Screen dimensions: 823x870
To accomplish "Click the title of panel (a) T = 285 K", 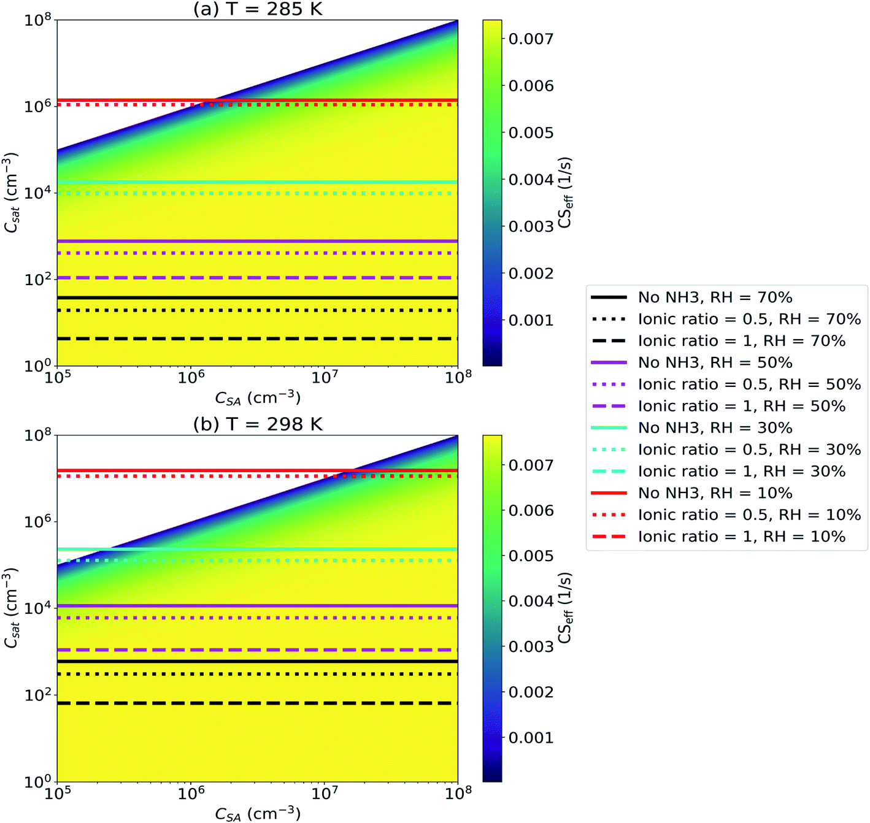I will [x=258, y=9].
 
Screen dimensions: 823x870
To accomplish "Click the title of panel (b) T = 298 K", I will [x=258, y=424].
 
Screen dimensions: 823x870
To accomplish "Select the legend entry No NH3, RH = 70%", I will [x=715, y=297].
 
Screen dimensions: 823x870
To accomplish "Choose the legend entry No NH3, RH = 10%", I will [x=715, y=493].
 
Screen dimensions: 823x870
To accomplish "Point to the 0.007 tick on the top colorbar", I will [x=531, y=39].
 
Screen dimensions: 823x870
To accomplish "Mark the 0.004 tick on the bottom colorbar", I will [x=531, y=601].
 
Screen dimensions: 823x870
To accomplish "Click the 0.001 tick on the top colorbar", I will [x=531, y=320].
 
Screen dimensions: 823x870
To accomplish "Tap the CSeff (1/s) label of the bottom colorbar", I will [x=564, y=608].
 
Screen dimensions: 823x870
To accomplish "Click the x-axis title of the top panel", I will [x=258, y=399].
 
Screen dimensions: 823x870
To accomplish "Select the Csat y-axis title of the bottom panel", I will [x=11, y=608].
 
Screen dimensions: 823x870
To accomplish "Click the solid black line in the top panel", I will [x=258, y=298].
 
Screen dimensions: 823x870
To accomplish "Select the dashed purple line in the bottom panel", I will [x=258, y=650].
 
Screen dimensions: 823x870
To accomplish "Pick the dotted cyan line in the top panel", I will [x=258, y=194].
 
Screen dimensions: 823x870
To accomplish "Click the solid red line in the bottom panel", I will [x=258, y=470].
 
